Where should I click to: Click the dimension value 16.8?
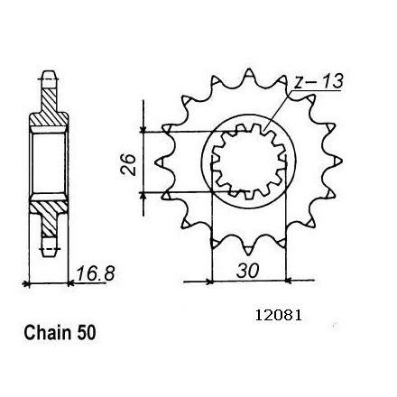(95, 273)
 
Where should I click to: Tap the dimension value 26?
(128, 164)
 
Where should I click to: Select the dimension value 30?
(247, 271)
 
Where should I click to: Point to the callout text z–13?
(319, 81)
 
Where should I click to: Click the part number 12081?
(278, 316)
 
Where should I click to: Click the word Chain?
(48, 333)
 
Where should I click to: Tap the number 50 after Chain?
(87, 333)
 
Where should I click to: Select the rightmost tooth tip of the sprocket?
(342, 162)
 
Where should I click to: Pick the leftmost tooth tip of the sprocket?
(155, 162)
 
